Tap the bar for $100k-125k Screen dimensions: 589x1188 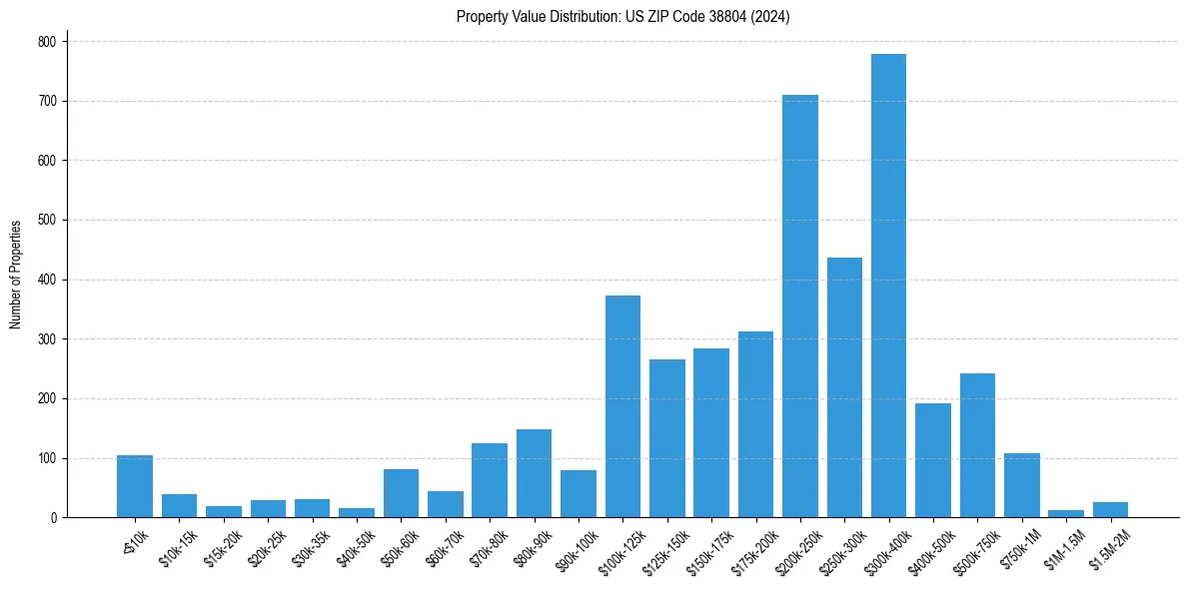click(622, 406)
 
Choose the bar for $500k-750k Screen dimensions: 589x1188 click(977, 445)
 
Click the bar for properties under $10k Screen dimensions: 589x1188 click(135, 486)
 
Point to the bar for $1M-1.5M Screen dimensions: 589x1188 click(1065, 513)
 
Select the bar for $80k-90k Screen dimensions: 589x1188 click(534, 473)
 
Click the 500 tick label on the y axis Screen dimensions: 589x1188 click(49, 221)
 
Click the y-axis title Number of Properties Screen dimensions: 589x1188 click(15, 275)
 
